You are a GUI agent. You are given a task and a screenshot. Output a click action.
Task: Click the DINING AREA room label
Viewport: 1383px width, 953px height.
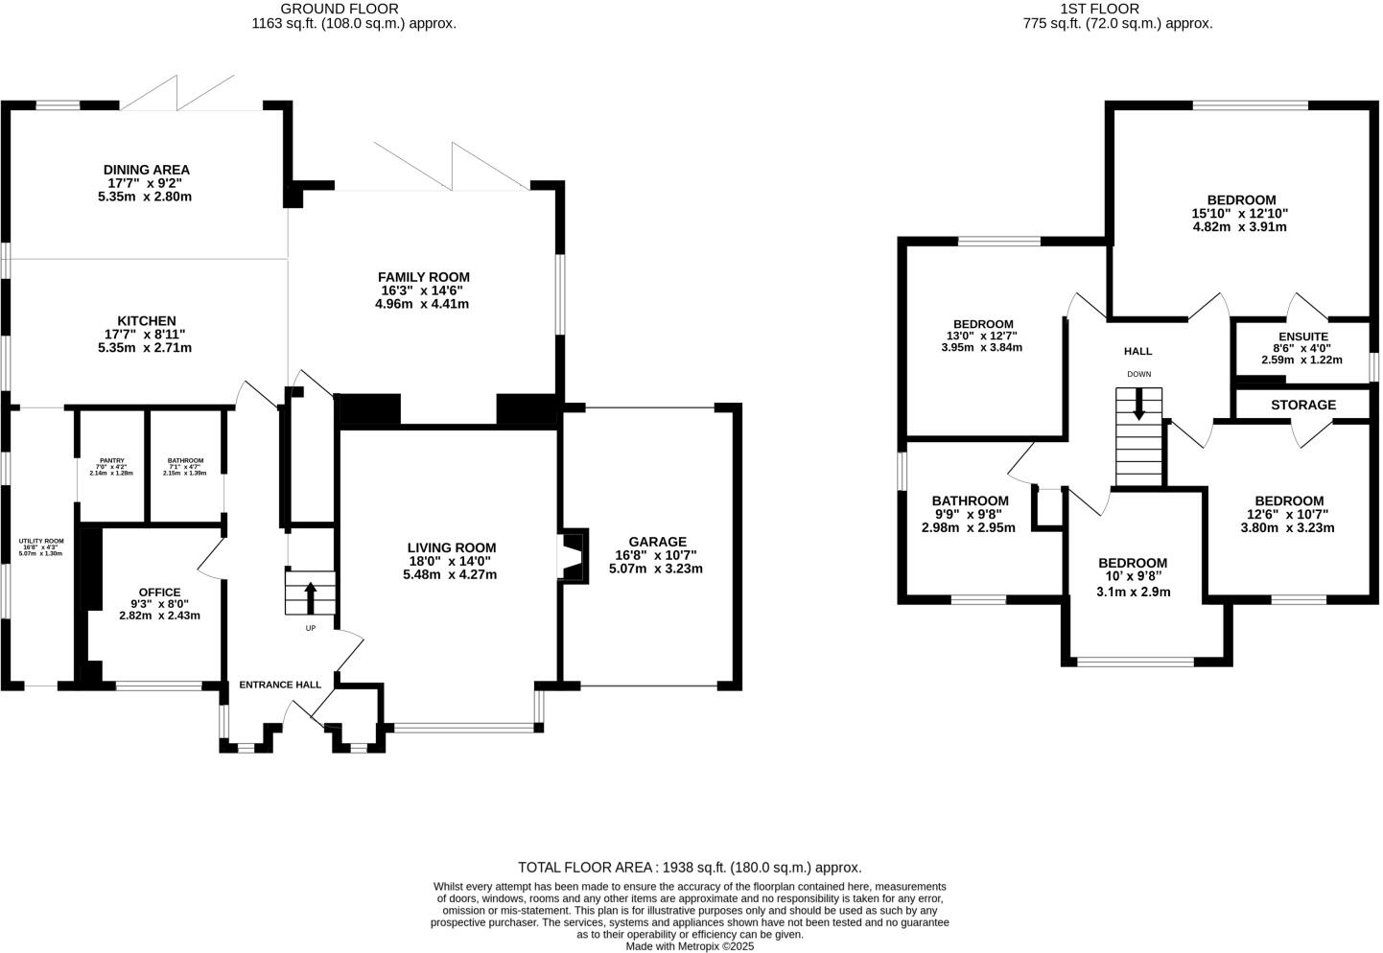tap(146, 170)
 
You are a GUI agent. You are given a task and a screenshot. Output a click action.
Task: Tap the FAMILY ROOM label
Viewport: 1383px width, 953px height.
tap(422, 277)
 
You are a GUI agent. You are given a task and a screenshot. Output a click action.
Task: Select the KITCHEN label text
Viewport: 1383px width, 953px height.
tap(146, 320)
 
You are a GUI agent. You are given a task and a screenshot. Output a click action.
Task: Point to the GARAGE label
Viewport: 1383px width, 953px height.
tap(657, 541)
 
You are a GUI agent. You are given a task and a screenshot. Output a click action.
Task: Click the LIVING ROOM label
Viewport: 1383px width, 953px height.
tap(451, 547)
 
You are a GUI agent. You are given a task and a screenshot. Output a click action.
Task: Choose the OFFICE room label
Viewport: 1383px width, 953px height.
tap(159, 592)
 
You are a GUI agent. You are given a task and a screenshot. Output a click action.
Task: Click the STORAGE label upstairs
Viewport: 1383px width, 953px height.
tap(1302, 405)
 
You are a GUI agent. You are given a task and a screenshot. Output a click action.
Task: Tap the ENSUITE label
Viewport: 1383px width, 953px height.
tap(1301, 337)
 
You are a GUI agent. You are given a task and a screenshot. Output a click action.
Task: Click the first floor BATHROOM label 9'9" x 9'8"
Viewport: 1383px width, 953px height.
tap(970, 500)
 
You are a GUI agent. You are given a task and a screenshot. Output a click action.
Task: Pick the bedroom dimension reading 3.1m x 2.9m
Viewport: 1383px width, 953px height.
tap(1133, 592)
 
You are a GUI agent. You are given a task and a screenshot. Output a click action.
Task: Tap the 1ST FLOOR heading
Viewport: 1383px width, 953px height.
tap(1099, 9)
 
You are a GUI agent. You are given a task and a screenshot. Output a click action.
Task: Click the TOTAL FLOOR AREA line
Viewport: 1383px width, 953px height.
tap(690, 866)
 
